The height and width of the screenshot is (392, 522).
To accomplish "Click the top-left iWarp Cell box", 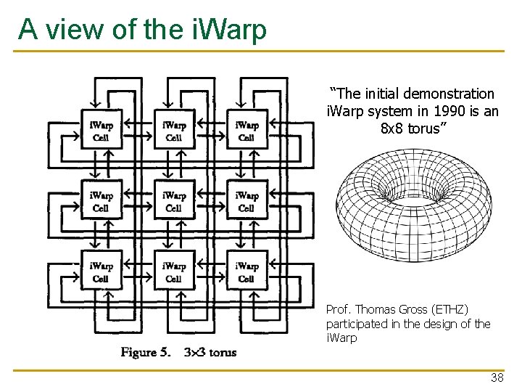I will (x=101, y=131).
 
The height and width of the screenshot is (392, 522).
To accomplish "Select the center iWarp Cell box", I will (x=174, y=202).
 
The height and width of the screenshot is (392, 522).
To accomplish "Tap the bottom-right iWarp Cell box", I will (x=246, y=272).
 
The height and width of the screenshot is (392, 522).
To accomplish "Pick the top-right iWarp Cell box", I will (x=246, y=131).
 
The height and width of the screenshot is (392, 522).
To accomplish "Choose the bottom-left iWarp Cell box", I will (x=101, y=272).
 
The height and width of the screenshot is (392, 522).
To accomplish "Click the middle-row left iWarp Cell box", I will (x=101, y=202).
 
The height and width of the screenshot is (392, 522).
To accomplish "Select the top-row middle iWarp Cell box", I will (x=174, y=131).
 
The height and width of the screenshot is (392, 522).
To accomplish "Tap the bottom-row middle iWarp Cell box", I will (x=174, y=272).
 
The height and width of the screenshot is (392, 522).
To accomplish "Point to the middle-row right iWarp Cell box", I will (x=246, y=202).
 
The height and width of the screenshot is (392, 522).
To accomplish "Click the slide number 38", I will (x=497, y=378).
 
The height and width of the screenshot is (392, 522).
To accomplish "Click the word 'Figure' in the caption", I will (x=144, y=353).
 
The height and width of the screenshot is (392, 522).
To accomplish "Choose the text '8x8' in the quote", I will (x=391, y=129).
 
